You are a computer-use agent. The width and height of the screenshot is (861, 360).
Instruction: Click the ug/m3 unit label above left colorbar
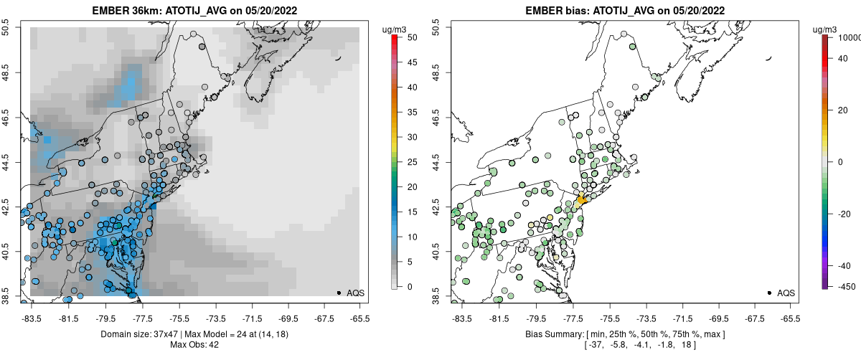[x=395, y=29]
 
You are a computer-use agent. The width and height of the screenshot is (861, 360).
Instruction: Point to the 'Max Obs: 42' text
[x=194, y=345]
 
